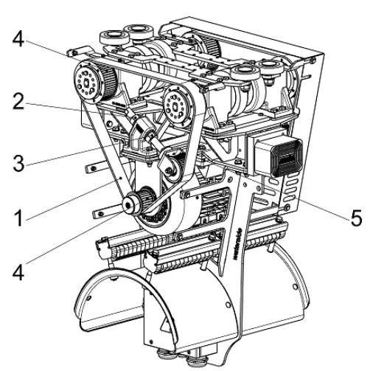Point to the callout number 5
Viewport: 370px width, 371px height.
[355, 220]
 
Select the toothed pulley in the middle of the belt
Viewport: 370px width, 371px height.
[177, 108]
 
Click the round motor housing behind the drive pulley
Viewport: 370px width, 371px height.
[173, 214]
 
